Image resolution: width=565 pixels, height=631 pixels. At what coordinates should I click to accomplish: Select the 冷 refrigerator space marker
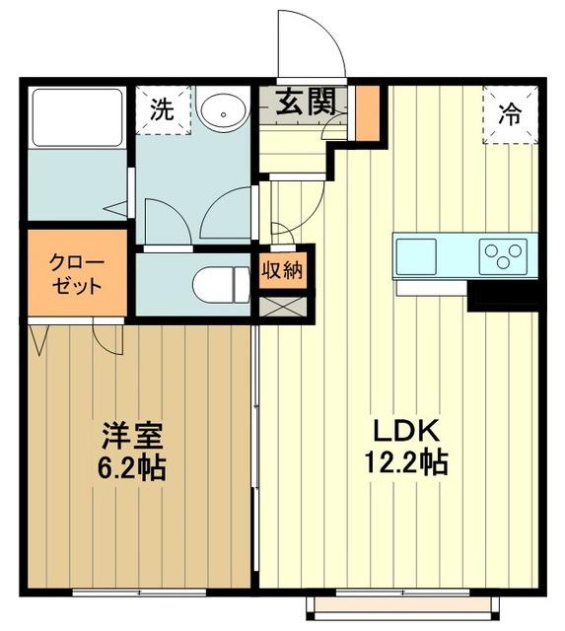[x=510, y=113]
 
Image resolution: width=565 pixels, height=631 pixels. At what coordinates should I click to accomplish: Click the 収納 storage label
[x=282, y=268]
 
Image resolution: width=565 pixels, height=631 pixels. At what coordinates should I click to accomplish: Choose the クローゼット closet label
[x=77, y=273]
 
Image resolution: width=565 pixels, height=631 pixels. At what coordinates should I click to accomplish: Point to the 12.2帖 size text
[x=406, y=461]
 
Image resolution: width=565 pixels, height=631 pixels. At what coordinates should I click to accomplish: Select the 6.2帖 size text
[x=130, y=466]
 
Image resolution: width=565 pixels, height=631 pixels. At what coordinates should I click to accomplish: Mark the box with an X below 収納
[x=283, y=306]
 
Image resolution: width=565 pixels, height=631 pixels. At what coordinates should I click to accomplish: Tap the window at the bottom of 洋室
[x=139, y=593]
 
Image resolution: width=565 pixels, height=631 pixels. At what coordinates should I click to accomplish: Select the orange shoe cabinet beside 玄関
[x=367, y=110]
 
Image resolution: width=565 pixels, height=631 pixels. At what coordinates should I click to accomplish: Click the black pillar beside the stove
[x=504, y=295]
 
